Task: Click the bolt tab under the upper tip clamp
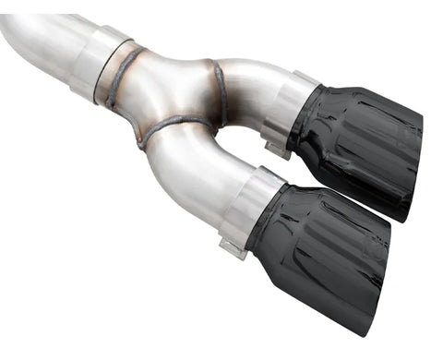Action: click(x=274, y=147)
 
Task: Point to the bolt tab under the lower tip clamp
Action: click(x=232, y=247)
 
